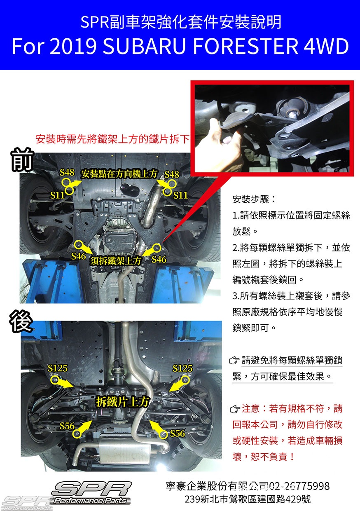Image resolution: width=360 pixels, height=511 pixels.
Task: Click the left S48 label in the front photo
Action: click(x=67, y=173)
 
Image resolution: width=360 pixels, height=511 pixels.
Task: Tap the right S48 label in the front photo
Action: click(x=172, y=174)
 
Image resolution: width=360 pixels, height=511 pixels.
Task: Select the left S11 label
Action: click(x=57, y=195)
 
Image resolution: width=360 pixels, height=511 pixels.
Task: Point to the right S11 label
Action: click(x=180, y=195)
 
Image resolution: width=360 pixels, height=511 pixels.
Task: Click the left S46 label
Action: click(x=78, y=256)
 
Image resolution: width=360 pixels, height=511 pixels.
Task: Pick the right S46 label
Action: click(x=159, y=259)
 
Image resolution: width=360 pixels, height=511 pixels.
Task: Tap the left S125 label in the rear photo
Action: click(x=57, y=368)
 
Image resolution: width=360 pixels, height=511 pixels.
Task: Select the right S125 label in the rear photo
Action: click(x=182, y=368)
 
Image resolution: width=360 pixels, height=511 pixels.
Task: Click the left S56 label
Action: click(x=67, y=426)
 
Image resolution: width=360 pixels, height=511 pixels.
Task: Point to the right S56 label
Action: click(x=178, y=434)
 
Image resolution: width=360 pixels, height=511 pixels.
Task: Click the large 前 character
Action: click(x=22, y=160)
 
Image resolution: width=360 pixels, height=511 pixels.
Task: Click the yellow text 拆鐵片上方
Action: click(x=123, y=401)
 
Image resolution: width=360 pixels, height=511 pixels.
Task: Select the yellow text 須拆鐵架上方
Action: click(x=116, y=261)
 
